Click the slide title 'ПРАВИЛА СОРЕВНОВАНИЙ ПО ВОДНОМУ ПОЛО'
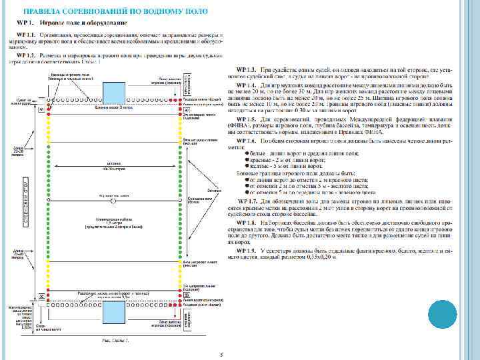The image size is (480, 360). pos(121,12)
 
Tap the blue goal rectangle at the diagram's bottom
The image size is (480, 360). pos(114,311)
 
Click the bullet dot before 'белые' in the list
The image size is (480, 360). pos(247,153)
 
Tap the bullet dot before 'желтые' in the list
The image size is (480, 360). pos(247,165)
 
